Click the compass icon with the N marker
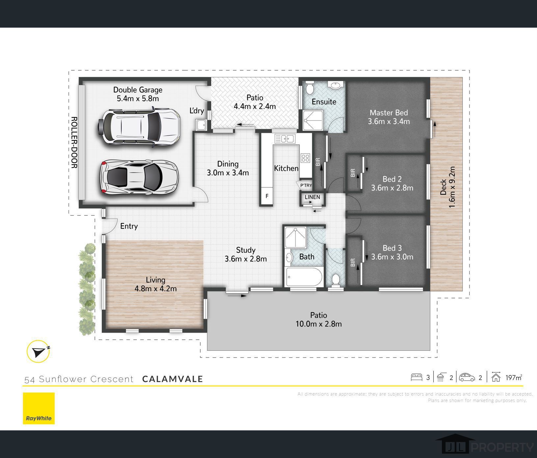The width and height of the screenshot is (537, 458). coord(38,351)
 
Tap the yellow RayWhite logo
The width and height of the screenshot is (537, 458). coord(39,408)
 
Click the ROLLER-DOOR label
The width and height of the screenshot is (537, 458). coord(74,142)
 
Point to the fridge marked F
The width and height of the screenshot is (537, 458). coord(267,196)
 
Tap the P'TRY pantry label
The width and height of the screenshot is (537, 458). coord(306,186)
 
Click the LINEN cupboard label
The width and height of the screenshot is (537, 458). coord(312,197)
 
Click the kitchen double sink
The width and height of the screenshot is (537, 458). coord(284,139)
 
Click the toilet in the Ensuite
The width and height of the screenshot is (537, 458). coord(310,88)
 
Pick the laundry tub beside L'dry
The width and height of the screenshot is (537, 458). coord(200,125)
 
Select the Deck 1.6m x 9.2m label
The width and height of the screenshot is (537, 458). coord(448,187)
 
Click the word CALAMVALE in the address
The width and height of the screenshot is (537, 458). coord(172,379)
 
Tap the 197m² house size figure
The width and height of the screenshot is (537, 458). coord(514,377)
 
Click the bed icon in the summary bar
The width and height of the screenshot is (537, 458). coord(416,377)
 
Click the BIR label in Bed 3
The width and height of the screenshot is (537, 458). coord(353,262)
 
